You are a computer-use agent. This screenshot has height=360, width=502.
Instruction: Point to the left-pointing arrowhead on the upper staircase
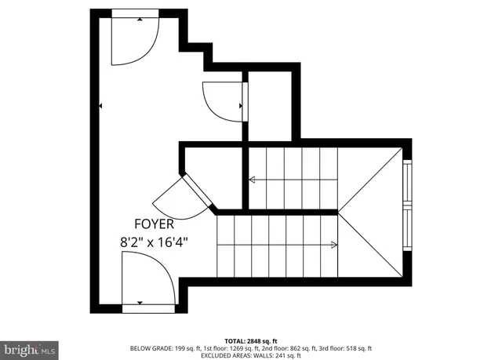tap(253, 180)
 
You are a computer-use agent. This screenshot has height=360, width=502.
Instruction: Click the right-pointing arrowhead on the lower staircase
tap(335, 245)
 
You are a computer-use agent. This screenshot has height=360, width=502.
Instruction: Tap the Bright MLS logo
tap(29, 347)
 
